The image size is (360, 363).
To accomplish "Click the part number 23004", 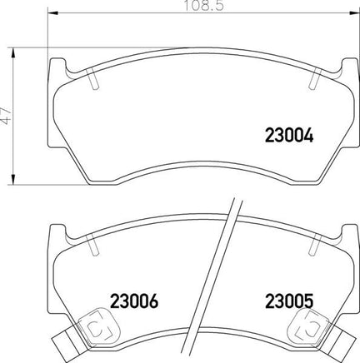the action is pos(289,136).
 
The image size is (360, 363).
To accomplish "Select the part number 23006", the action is pos(134,301).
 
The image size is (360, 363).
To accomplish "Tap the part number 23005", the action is pos(289,301).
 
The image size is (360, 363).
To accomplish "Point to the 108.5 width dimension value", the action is pos(204,6).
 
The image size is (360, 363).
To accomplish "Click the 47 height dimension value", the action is pos(6,115).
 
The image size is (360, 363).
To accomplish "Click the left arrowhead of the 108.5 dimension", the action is pos(53,12).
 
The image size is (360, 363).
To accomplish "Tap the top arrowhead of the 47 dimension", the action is pos(12,53).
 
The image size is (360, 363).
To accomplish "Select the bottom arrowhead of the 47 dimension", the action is pos(12,179).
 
